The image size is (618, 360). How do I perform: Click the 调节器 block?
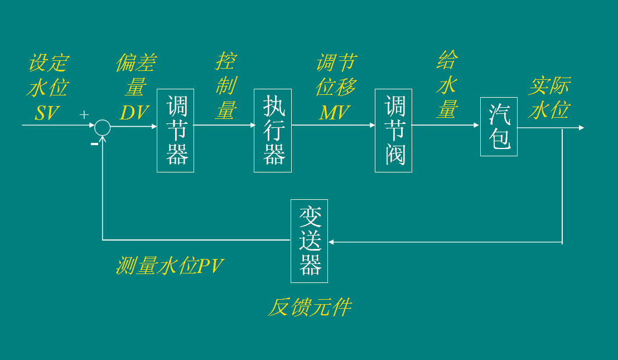point(175,130)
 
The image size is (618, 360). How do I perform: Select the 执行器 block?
point(273,130)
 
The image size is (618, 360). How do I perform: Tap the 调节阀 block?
point(393,130)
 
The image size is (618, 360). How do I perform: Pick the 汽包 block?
point(499,127)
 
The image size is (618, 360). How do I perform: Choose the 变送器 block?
point(309,241)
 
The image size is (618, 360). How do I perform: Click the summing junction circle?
point(102,128)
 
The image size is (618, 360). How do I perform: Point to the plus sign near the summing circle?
point(84,114)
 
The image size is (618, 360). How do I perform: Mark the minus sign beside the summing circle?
point(94,144)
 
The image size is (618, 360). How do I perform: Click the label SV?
point(47,113)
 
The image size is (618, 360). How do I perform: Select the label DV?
point(134,113)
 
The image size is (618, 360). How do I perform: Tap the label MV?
point(334,113)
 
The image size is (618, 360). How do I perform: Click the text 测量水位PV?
point(170,266)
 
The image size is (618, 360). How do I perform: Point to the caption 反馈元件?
point(310,308)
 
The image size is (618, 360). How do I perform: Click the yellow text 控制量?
point(226,86)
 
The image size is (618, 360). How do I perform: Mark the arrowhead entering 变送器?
point(331,242)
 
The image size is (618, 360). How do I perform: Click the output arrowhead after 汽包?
point(581,128)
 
